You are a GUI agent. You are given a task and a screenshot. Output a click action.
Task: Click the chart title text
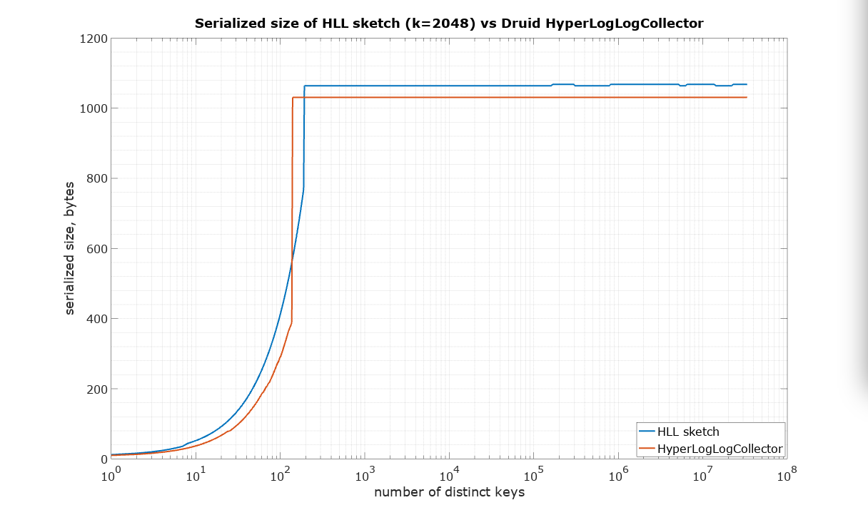(449, 24)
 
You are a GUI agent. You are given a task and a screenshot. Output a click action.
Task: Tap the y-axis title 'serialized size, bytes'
(70, 248)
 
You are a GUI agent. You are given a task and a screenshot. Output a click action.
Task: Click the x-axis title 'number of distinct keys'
(449, 492)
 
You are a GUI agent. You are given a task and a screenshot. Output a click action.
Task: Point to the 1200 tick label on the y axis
(94, 39)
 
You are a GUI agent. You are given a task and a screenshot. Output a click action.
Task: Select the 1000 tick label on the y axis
(94, 108)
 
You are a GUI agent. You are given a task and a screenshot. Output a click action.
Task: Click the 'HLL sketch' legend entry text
(688, 432)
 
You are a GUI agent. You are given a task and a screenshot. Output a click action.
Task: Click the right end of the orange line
(746, 97)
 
